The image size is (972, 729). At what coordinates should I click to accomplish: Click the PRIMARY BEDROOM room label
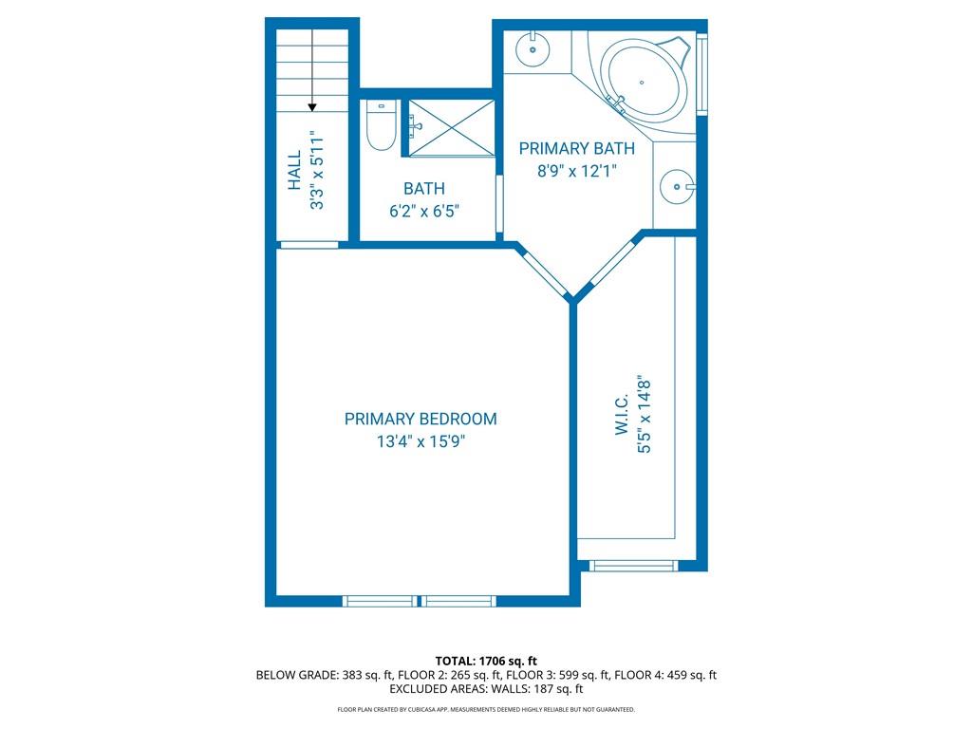pyautogui.click(x=421, y=419)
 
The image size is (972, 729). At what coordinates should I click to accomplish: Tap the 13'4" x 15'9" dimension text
pyautogui.click(x=421, y=441)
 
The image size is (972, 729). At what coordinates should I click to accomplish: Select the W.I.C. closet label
pyautogui.click(x=622, y=414)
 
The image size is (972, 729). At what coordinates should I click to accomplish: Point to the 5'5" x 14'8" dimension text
pyautogui.click(x=645, y=418)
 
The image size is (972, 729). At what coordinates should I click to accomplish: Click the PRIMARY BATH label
pyautogui.click(x=576, y=149)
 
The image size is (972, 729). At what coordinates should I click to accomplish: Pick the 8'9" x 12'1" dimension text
pyautogui.click(x=576, y=171)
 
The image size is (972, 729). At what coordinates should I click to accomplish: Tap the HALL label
pyautogui.click(x=294, y=170)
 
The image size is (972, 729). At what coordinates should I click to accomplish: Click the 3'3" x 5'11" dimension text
pyautogui.click(x=317, y=170)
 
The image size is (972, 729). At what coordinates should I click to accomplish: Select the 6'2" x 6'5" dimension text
pyautogui.click(x=424, y=211)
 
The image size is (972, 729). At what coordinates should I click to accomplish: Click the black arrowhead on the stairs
pyautogui.click(x=312, y=107)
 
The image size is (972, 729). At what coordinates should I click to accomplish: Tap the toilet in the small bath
pyautogui.click(x=380, y=126)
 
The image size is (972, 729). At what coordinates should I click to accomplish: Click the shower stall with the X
pyautogui.click(x=451, y=128)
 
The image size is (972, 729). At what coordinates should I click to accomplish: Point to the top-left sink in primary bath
pyautogui.click(x=533, y=47)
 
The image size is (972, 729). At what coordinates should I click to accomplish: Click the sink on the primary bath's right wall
pyautogui.click(x=677, y=186)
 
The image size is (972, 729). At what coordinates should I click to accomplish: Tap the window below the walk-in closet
pyautogui.click(x=632, y=566)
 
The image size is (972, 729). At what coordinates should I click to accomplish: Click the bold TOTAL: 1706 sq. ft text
pyautogui.click(x=486, y=661)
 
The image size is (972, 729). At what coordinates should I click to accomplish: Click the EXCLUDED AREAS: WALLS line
pyautogui.click(x=486, y=689)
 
